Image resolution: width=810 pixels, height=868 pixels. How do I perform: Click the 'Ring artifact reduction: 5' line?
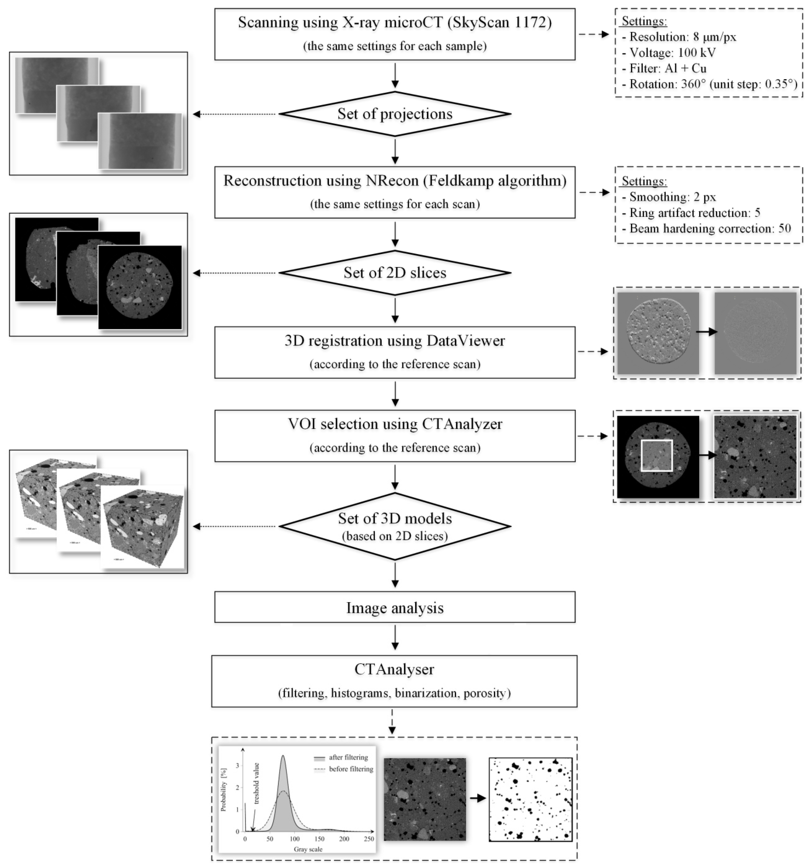click(695, 213)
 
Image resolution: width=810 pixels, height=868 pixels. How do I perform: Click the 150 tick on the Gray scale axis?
click(319, 839)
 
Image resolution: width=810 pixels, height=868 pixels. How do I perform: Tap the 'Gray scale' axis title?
click(308, 849)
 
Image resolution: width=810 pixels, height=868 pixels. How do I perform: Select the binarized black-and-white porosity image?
click(530, 800)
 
